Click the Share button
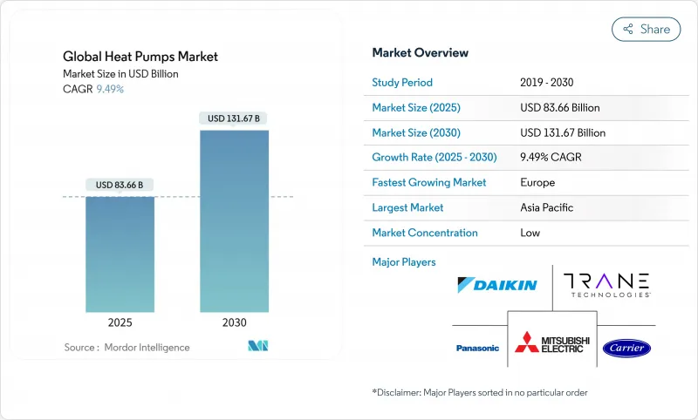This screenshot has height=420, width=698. tap(646, 29)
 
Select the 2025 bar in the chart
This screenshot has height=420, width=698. tap(120, 254)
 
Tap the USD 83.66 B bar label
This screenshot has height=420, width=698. tap(120, 185)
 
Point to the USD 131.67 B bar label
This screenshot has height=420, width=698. tap(234, 118)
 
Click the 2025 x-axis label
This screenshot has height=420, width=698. tap(120, 322)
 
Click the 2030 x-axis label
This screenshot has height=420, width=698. tap(234, 322)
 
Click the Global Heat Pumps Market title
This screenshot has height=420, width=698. tap(140, 57)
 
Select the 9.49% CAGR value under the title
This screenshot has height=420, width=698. tap(110, 90)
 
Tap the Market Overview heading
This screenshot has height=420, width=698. tap(421, 53)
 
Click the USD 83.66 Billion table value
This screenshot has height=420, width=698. tap(560, 108)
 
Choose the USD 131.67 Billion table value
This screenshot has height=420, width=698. tap(563, 132)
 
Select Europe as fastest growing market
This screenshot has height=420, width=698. tap(537, 183)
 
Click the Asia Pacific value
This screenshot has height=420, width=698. tap(548, 207)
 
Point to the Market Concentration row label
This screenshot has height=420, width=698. tap(425, 233)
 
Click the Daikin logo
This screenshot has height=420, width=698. tap(497, 285)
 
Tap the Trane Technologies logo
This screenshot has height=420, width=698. tap(606, 284)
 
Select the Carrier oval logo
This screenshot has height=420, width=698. tap(626, 348)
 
